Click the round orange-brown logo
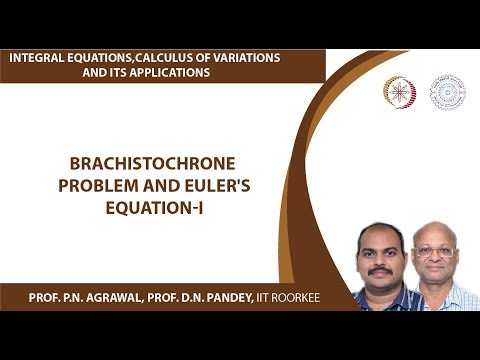400,92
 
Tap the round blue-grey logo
447,92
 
